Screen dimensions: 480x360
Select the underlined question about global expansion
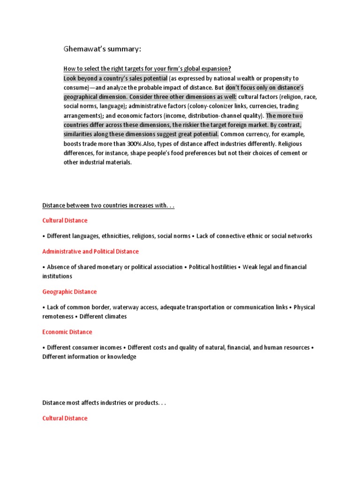point(147,68)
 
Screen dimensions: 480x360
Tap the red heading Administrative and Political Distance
point(90,252)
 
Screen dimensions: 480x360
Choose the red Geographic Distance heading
point(69,292)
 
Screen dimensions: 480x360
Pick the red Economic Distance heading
point(67,332)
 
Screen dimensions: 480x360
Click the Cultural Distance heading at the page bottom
point(65,418)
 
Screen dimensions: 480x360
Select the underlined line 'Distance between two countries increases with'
point(108,205)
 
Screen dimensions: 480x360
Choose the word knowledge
point(120,357)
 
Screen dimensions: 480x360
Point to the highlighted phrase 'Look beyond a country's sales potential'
point(115,78)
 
